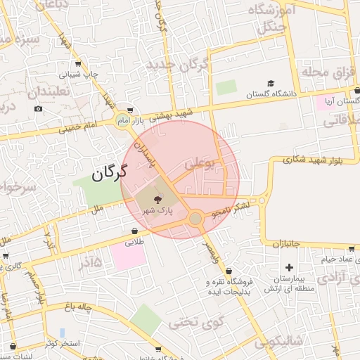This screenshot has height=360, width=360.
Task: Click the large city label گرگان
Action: [109, 171]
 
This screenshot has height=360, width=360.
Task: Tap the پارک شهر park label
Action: [157, 210]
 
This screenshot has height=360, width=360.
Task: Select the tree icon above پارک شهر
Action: [157, 200]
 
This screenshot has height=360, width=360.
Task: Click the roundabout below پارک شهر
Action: [195, 219]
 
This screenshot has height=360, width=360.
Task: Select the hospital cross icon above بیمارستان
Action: [289, 267]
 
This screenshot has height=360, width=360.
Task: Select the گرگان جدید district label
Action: [177, 66]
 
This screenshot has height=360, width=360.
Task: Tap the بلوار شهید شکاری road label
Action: [314, 160]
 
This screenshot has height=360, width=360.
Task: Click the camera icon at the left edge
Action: [38, 108]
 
